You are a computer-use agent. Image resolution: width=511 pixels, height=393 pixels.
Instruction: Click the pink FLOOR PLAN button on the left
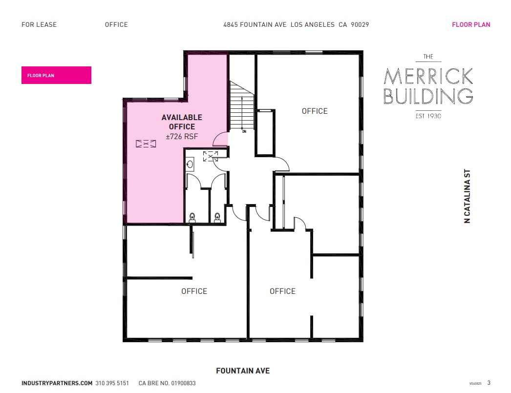point(56,75)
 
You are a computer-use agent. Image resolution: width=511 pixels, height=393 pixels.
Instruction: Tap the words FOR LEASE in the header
point(39,24)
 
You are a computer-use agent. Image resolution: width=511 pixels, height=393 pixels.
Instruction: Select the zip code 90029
point(360,24)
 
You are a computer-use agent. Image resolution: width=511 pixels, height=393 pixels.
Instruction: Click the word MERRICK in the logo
point(428,76)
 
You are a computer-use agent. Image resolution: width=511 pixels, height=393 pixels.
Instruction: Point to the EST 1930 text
point(428,116)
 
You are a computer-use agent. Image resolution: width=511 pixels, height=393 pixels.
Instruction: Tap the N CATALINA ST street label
point(467,196)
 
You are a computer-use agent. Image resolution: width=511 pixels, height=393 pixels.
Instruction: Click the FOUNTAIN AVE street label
point(243,371)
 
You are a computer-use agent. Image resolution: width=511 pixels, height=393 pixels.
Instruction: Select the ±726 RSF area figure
point(182,137)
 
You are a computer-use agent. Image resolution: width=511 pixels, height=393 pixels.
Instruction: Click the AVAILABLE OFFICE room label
point(182,122)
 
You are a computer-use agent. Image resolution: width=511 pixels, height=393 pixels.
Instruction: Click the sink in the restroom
point(190,165)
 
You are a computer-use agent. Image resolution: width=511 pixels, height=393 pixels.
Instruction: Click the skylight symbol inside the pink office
point(146,144)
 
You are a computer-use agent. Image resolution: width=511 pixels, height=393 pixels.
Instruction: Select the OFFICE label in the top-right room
point(315,111)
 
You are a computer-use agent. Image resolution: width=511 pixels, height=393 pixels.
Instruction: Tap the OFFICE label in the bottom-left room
point(194,291)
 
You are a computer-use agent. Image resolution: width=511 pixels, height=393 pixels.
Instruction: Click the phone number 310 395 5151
point(112,383)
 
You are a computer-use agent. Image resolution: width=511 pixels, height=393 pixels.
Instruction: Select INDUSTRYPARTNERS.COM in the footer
point(57,383)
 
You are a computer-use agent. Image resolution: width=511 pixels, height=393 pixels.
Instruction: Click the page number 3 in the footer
point(489,383)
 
